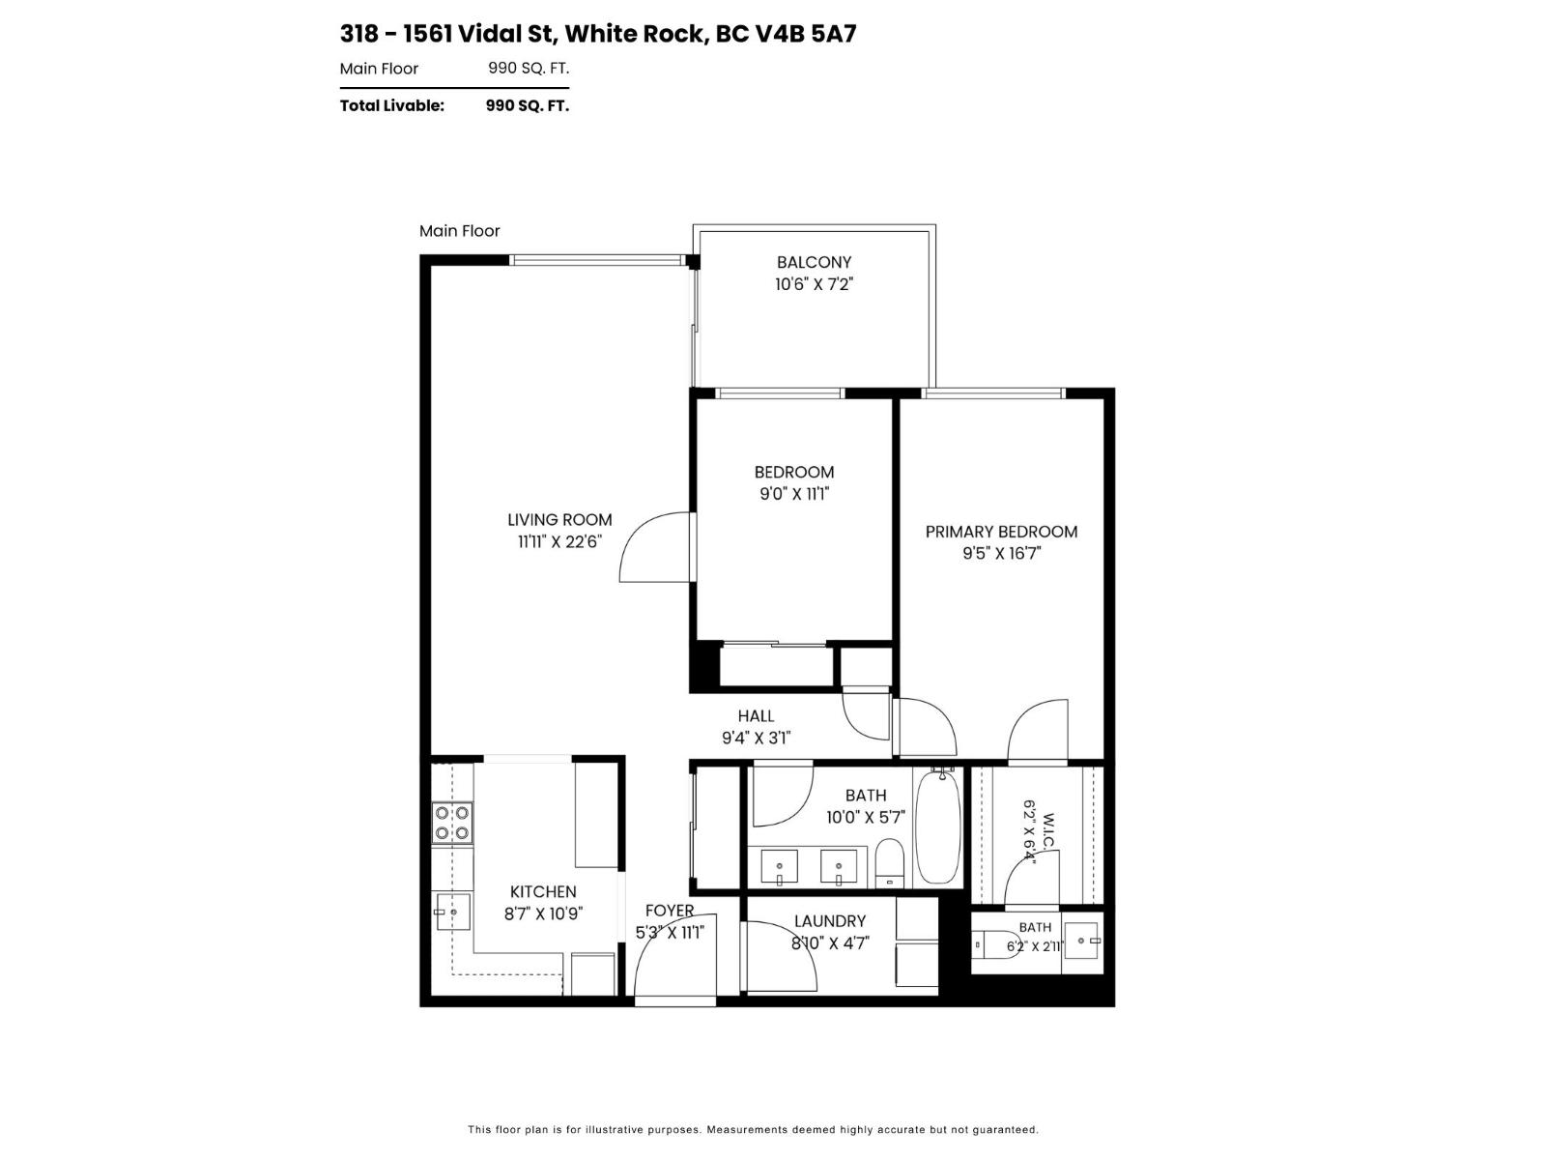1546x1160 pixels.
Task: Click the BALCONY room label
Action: tap(814, 262)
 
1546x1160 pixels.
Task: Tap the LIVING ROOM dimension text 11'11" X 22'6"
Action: tap(559, 541)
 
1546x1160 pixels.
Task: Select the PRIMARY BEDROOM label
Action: tap(1001, 532)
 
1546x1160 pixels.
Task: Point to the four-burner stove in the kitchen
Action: tap(451, 823)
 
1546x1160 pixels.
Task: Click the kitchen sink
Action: tap(453, 912)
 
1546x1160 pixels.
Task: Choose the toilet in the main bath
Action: tap(890, 863)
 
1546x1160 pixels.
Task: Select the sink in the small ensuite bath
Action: tap(1082, 941)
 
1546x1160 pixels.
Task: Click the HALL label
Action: tap(756, 715)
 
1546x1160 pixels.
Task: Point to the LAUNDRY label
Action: tap(830, 921)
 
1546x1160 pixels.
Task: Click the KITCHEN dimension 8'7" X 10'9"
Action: tap(543, 913)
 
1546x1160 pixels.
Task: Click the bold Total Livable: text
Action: tap(391, 105)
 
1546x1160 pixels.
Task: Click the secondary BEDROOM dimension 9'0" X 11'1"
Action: tap(794, 494)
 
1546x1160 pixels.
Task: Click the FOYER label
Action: tap(669, 911)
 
